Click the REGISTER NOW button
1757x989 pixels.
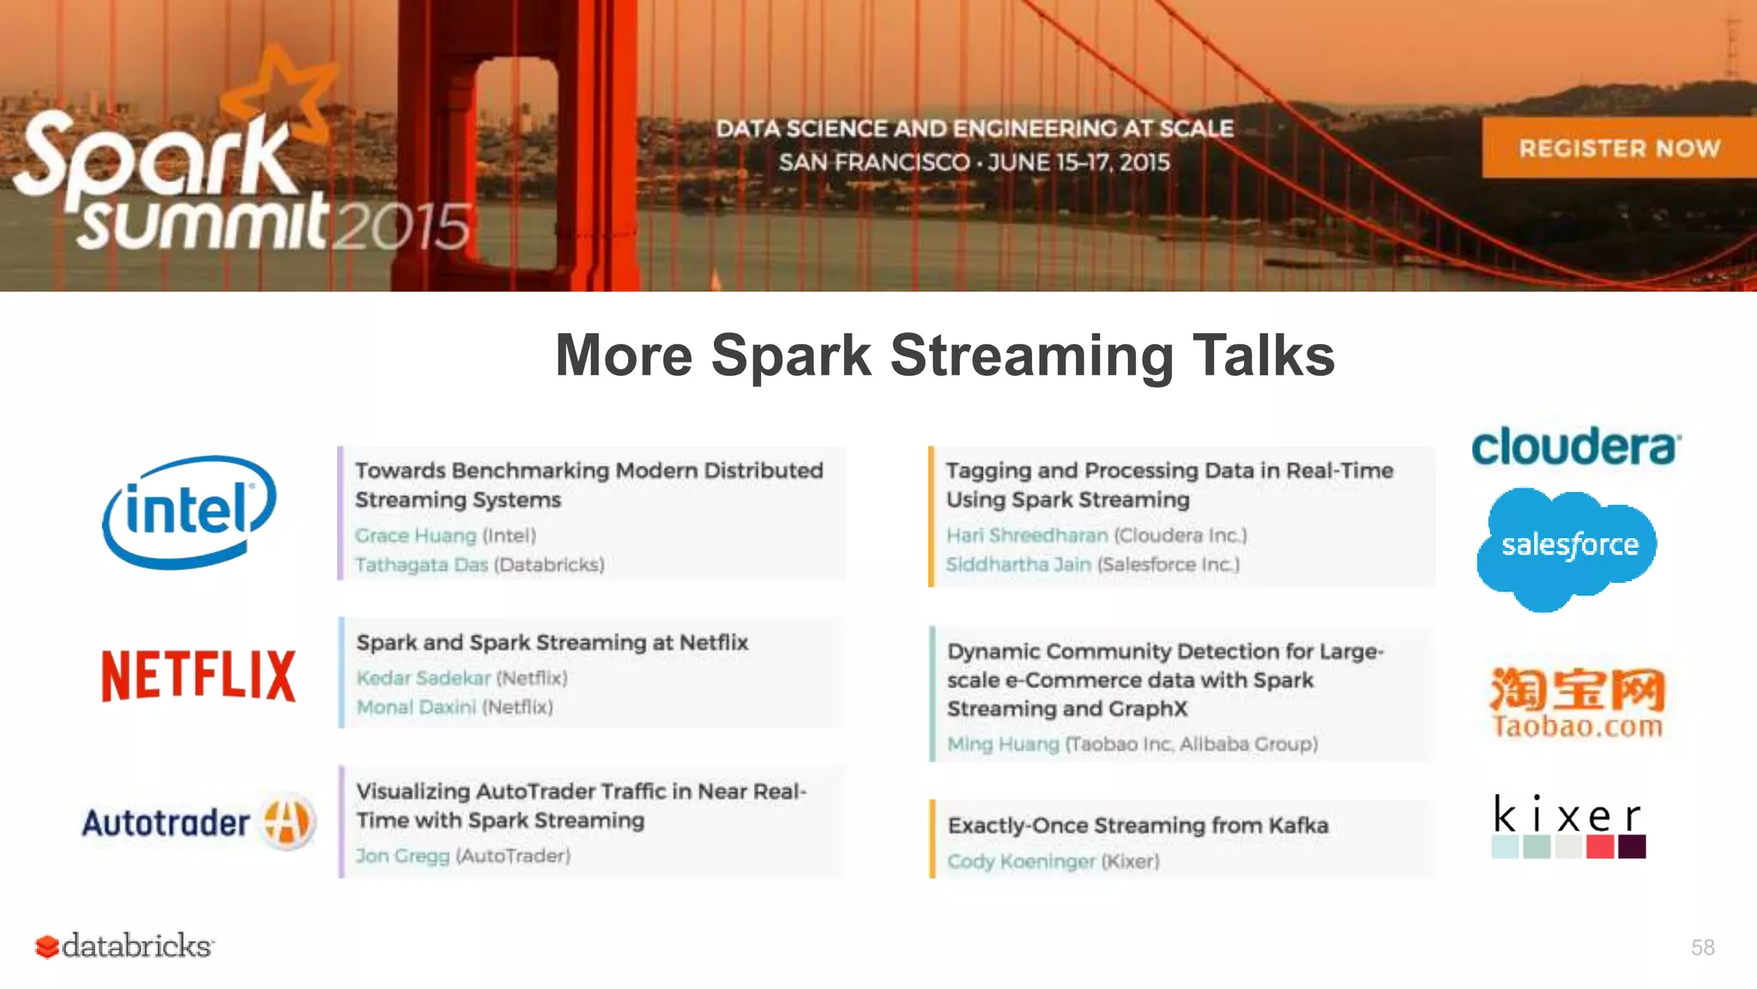[1619, 148]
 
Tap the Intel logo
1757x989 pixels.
[190, 512]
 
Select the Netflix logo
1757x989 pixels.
[199, 676]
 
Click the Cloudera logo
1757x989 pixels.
[1576, 447]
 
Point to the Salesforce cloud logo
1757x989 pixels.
[1568, 547]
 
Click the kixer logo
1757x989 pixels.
[1568, 825]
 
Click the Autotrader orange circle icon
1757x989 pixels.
[287, 821]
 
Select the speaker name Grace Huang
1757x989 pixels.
[415, 536]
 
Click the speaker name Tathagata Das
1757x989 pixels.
[421, 565]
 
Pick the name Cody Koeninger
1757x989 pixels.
[1021, 861]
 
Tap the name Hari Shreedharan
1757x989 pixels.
[1027, 536]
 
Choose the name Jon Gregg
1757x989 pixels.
[402, 856]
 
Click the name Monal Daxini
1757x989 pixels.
[416, 707]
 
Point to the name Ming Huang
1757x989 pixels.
[1003, 744]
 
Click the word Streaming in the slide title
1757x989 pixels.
[1032, 356]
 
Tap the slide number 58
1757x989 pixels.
[1702, 948]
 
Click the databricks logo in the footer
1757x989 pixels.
[124, 946]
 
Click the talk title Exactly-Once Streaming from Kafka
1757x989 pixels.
[1138, 826]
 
